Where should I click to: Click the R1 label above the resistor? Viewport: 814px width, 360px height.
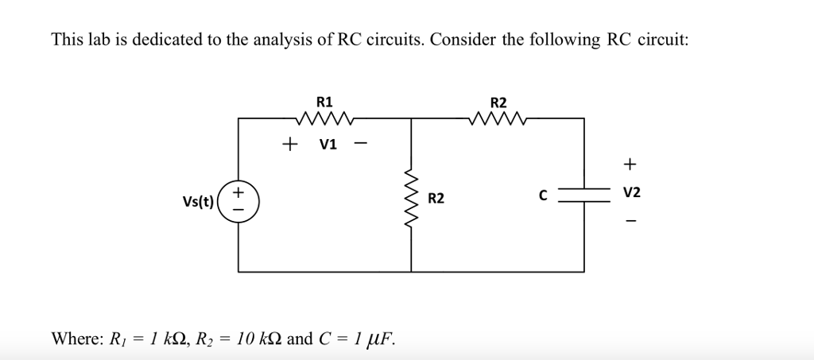[325, 102]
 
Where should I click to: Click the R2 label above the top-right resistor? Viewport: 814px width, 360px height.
[498, 102]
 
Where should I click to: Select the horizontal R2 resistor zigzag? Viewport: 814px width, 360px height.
[498, 119]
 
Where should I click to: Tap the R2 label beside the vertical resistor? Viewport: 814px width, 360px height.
[437, 197]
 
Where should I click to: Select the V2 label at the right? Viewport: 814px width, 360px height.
[631, 193]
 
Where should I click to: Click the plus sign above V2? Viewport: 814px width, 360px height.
[630, 165]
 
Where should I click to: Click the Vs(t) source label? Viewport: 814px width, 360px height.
[196, 200]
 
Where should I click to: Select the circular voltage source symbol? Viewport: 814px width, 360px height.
[238, 199]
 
